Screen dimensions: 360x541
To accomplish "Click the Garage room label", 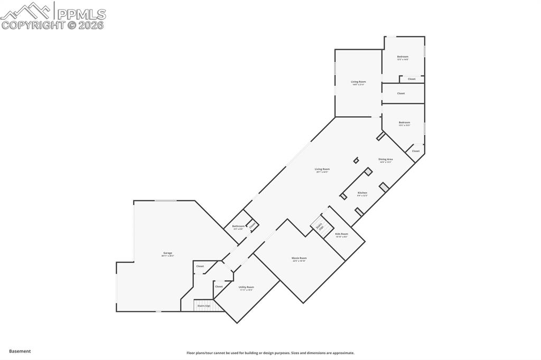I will [x=167, y=253].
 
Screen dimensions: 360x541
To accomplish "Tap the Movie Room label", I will [x=299, y=258].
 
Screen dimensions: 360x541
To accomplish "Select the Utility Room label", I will [x=246, y=287].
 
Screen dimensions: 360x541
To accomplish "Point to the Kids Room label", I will [x=341, y=234].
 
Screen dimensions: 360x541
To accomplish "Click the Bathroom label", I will [x=238, y=226].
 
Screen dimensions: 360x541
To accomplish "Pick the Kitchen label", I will [x=362, y=193].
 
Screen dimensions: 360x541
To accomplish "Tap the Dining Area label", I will [x=385, y=159].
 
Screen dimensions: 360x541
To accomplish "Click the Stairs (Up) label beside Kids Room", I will [x=320, y=226].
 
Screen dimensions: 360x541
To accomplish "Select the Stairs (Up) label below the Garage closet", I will [x=204, y=306].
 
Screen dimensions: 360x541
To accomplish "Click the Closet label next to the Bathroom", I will [x=252, y=225].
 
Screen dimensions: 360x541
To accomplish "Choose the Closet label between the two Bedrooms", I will [x=401, y=93].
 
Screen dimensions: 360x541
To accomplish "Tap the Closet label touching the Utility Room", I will [x=219, y=286].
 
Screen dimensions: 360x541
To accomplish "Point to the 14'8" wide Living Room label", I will [x=358, y=82].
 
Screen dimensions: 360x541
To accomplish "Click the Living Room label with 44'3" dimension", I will [x=322, y=169].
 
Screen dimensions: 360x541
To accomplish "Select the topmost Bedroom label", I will [x=403, y=56].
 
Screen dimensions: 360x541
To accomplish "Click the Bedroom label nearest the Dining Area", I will [x=404, y=122].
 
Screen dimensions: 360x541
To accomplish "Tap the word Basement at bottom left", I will [x=20, y=351].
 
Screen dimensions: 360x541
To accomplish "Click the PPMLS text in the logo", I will [x=81, y=14].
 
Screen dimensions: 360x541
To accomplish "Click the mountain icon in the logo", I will [x=26, y=11].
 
